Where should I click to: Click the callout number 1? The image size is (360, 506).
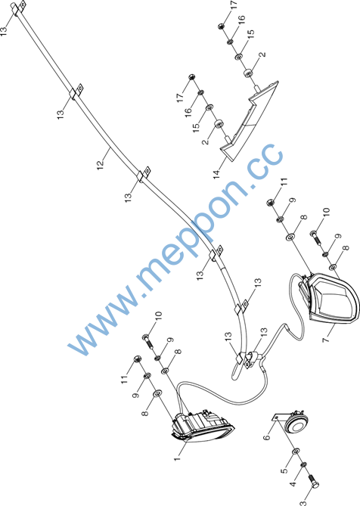point(177,458)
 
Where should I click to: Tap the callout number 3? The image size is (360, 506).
point(303,502)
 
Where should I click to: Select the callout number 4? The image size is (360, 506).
point(293,484)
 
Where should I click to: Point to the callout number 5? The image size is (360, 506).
point(284,470)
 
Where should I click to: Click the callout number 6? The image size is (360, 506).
point(266,438)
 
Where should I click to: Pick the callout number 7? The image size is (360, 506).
point(326,339)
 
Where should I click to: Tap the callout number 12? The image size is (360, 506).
point(101,163)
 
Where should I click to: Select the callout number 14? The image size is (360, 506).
point(216,175)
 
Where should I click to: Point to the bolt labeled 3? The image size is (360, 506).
point(314,480)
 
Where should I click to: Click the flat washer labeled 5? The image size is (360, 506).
point(296,451)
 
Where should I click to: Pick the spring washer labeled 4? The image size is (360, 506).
point(303,464)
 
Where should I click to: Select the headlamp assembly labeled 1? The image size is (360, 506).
point(203,424)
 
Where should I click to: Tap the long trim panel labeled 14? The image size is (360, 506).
point(248,121)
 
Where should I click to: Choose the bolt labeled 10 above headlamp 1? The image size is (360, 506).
point(148,341)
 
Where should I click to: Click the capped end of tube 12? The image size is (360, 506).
point(14,7)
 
